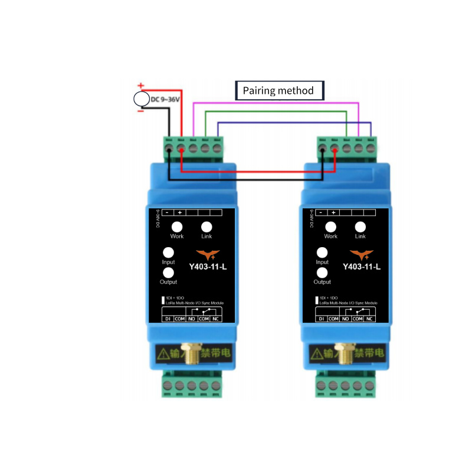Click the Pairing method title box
279,91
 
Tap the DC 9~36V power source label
165,99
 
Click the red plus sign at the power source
140,86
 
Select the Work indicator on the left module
177,227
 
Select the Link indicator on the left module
206,227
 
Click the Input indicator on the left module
169,252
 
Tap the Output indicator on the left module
169,273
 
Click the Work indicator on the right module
331,227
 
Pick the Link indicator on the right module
360,227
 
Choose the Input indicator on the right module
322,252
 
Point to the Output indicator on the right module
322,273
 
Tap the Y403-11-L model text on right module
362,267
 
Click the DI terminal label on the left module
167,319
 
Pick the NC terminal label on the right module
370,319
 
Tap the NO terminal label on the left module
192,319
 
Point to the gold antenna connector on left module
192,354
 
